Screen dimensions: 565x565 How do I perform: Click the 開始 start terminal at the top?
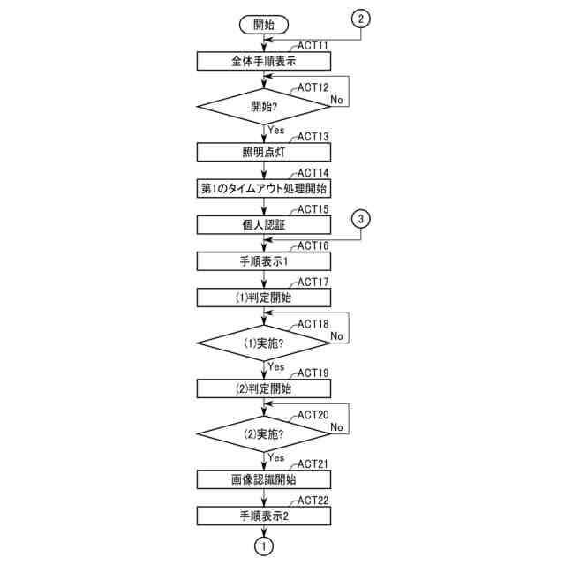pos(263,23)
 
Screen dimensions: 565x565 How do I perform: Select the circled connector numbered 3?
pos(361,220)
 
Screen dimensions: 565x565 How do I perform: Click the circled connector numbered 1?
pos(263,546)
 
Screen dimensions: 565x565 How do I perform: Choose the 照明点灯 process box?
pos(263,151)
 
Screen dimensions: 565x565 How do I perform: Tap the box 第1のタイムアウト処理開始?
pos(263,188)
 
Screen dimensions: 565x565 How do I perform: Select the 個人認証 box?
pos(263,225)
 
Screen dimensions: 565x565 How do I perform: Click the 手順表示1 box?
pos(263,260)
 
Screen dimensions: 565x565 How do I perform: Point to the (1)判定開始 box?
pos(263,297)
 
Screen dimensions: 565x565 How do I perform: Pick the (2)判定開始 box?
pos(263,388)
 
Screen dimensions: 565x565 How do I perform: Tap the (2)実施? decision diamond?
pos(263,433)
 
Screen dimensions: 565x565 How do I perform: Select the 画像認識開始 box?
pos(263,479)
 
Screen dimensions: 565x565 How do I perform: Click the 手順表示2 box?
pos(263,515)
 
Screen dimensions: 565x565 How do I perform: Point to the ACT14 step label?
pos(313,173)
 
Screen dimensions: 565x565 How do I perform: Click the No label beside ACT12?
pos(336,100)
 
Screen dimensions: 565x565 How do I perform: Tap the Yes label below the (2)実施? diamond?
pos(275,457)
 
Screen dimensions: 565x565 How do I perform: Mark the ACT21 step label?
pos(313,464)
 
